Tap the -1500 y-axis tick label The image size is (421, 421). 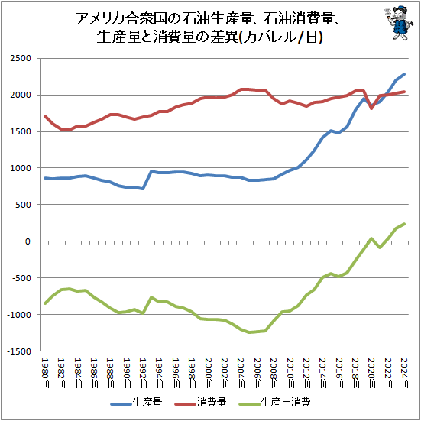coord(18,351)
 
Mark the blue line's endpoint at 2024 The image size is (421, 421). coord(404,74)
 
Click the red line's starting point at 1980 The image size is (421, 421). coord(46,116)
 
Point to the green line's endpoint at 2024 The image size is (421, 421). coord(404,224)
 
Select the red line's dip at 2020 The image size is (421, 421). coord(371,108)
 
